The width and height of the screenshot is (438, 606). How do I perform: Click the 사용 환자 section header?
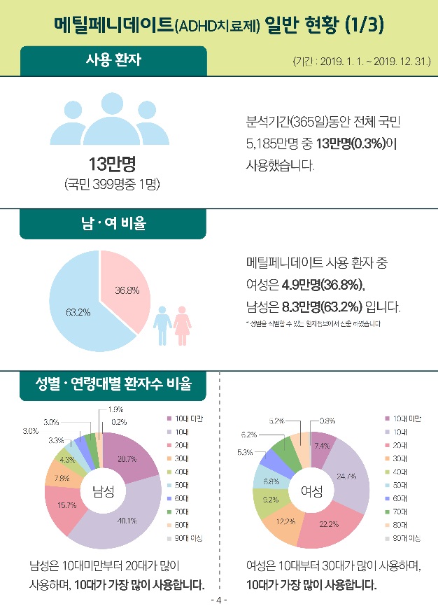[113, 60]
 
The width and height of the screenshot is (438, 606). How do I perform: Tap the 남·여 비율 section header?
[113, 224]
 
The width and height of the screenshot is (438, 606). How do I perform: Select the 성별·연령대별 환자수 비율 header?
[113, 386]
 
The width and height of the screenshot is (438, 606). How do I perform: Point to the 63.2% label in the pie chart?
[78, 312]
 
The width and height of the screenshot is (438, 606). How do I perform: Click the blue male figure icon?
[162, 323]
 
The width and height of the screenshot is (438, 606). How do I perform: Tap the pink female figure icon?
[182, 323]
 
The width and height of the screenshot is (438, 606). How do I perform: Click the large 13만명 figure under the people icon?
[112, 165]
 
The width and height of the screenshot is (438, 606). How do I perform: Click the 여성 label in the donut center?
[312, 491]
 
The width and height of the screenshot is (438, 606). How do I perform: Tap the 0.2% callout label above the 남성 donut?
[119, 422]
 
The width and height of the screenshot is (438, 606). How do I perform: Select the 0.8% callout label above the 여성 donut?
[327, 421]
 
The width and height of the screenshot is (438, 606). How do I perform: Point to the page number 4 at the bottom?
[219, 600]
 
